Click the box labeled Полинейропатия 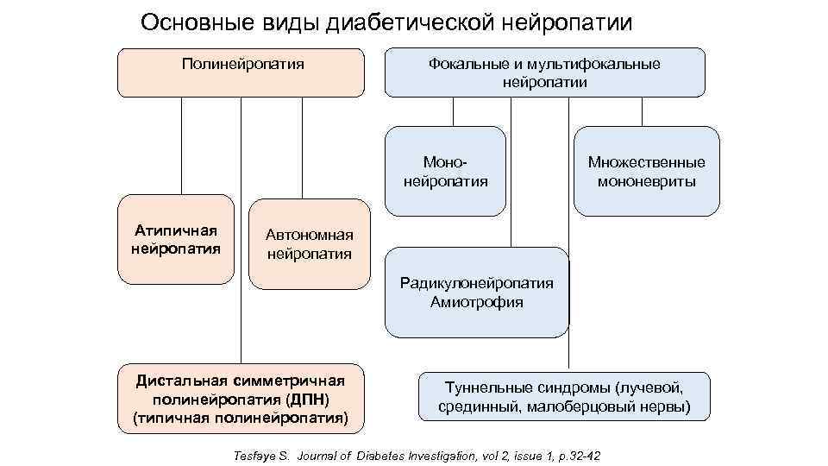click(241, 72)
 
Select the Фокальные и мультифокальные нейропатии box click(544, 72)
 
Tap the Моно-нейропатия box click(445, 171)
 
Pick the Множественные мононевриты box click(646, 171)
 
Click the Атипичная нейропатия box click(176, 240)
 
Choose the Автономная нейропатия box click(309, 243)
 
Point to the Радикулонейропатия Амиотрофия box click(477, 293)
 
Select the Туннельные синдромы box click(564, 396)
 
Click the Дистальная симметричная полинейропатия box click(241, 398)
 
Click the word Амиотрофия click(477, 302)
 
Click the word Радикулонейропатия click(477, 283)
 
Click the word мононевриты click(646, 181)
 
